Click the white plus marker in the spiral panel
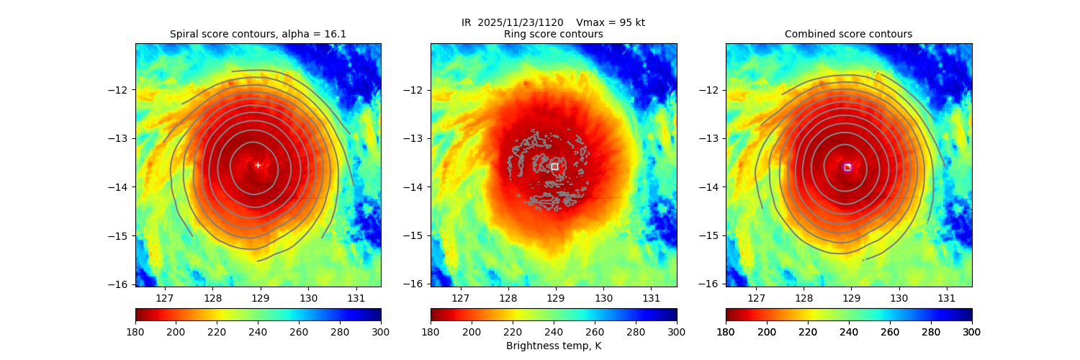click(258, 165)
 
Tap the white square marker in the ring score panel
click(554, 166)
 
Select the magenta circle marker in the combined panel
click(847, 167)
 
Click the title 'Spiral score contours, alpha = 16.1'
click(258, 34)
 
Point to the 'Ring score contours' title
click(553, 34)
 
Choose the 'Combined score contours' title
click(848, 34)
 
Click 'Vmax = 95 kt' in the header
click(611, 22)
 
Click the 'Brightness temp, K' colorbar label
click(553, 346)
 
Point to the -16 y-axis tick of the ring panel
click(416, 284)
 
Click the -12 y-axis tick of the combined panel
click(711, 90)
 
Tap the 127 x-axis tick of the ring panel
click(460, 298)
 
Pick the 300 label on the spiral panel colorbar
click(381, 331)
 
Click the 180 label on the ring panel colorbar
click(431, 331)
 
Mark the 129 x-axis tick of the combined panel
click(852, 298)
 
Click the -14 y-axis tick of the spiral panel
click(121, 187)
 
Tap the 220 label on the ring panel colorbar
click(513, 331)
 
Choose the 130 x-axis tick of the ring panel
click(603, 298)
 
